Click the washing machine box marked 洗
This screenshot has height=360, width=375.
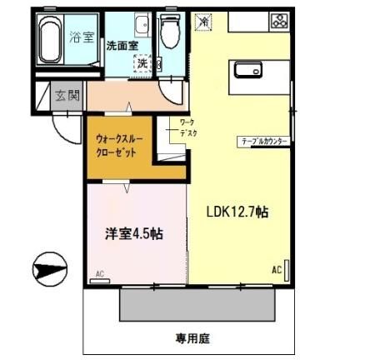click(x=143, y=63)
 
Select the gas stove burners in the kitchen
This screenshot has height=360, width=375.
click(x=278, y=22)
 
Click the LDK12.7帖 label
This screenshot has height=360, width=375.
click(x=237, y=212)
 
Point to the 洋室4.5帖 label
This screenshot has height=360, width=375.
click(x=133, y=234)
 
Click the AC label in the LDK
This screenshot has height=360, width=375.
click(x=277, y=270)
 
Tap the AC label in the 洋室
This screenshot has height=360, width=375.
click(x=99, y=273)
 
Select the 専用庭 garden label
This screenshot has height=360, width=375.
click(x=192, y=338)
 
